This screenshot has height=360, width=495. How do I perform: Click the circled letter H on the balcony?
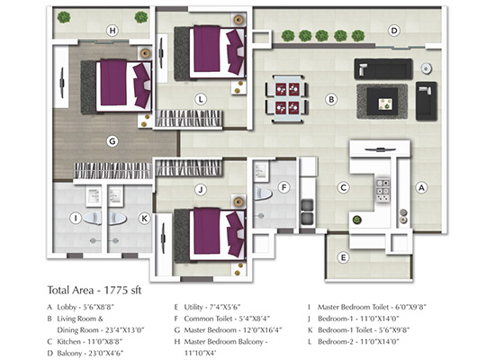coord(112,31)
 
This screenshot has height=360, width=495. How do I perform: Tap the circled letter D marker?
coord(393,31)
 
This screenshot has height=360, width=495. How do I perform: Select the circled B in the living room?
coord(331,100)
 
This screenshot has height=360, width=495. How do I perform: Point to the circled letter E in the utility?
coord(343,257)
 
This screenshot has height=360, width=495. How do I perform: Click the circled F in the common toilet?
coord(283,187)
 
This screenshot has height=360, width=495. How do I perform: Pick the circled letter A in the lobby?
coord(421,187)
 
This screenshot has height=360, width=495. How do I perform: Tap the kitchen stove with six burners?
coord(382,191)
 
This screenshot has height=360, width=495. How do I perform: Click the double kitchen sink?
coord(307,211)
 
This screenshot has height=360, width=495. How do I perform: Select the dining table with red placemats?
coord(287,99)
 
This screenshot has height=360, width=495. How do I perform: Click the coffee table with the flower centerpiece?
coord(382,102)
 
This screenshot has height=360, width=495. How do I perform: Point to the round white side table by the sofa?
coord(427,68)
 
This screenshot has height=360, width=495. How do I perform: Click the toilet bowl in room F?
coord(263,193)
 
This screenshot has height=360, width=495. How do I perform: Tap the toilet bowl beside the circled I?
coord(93,218)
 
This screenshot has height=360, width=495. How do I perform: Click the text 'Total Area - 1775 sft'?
coord(94,290)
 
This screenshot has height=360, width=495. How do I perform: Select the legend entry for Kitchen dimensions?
coord(85,342)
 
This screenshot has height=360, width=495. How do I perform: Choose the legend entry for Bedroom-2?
coord(354,342)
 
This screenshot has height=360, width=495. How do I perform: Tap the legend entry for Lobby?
coord(80,307)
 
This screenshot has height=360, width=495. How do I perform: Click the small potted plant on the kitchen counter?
coord(357,220)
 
